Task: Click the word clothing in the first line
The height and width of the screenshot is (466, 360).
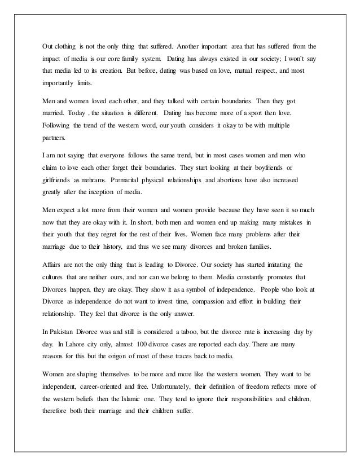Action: tap(67, 45)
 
